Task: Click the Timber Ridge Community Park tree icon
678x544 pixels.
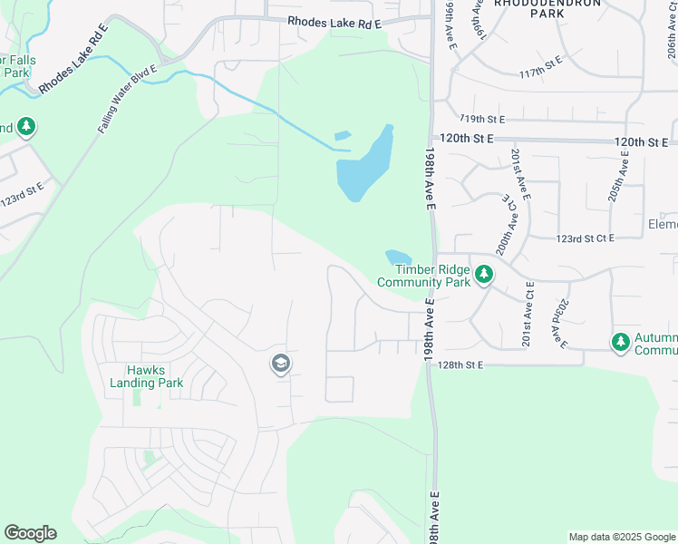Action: tap(484, 273)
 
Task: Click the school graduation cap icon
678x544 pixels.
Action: tap(280, 364)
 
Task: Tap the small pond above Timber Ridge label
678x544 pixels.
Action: tap(398, 257)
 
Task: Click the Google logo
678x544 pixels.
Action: tap(30, 533)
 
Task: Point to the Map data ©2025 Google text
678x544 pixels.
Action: tap(621, 537)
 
